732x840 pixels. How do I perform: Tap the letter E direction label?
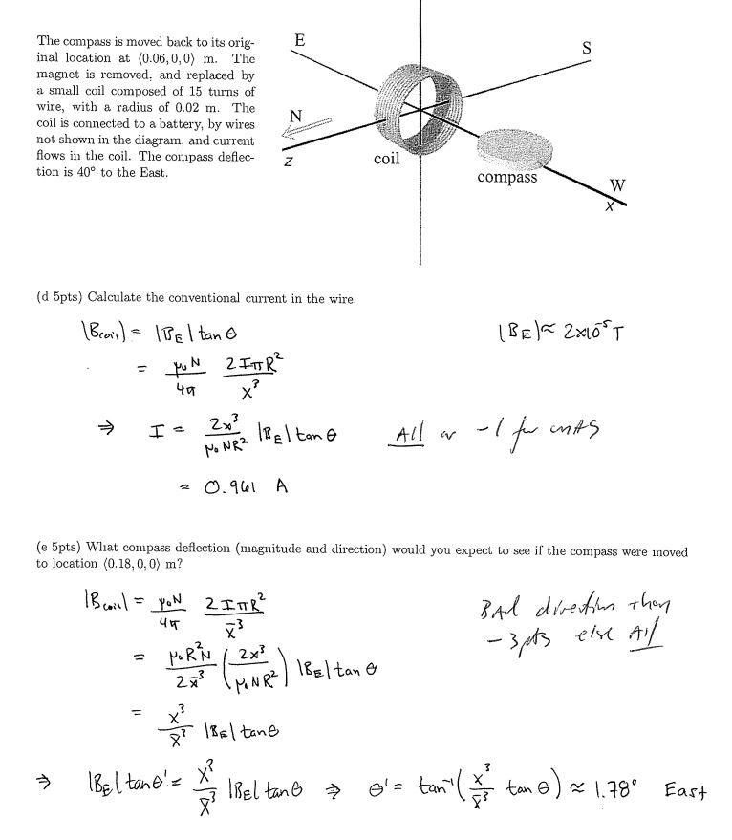pos(300,41)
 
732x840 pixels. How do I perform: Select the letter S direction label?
pos(586,48)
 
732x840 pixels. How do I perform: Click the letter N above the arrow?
pos(295,116)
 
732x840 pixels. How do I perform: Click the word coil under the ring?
pos(386,159)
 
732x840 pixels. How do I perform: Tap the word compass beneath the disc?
pos(506,178)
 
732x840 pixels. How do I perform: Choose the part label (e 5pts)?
pos(58,551)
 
